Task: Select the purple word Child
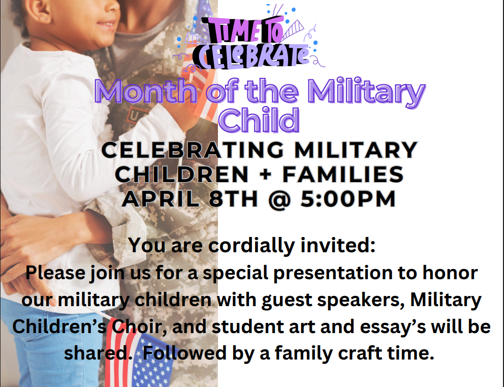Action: click(259, 120)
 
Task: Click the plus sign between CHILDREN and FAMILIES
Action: click(266, 174)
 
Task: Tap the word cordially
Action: click(253, 246)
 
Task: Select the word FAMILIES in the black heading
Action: click(343, 174)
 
